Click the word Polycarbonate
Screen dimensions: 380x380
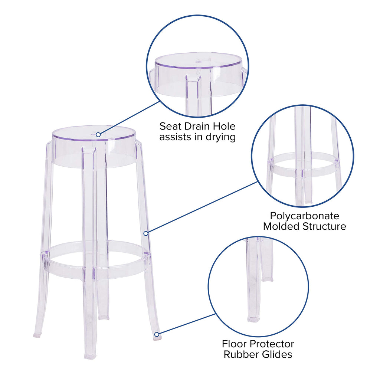pos(304,216)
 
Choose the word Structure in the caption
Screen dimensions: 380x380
pos(327,226)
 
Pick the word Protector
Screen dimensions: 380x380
pos(274,344)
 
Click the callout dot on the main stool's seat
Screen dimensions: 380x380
pos(98,135)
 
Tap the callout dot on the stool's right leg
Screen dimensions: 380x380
pos(146,233)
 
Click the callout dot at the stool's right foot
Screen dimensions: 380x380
pos(157,334)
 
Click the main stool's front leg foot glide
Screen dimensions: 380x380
pos(90,356)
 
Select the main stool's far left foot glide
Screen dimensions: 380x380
pos(37,335)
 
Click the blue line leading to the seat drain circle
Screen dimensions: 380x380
pos(128,118)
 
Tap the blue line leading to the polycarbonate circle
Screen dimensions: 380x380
pos(202,207)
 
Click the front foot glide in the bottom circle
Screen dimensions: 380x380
pos(254,319)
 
